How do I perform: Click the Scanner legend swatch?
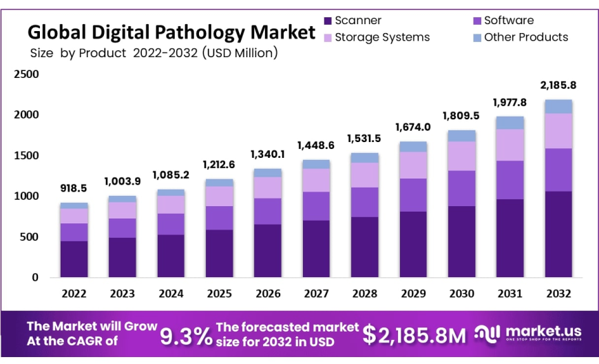(328, 21)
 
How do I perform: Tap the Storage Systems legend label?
(382, 37)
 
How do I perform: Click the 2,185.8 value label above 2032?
(558, 85)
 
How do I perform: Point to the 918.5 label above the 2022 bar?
(74, 188)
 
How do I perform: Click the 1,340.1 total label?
(268, 154)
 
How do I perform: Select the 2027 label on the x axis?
(316, 293)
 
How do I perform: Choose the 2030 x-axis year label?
(461, 293)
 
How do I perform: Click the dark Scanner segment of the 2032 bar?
(558, 234)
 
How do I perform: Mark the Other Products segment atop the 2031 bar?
(510, 123)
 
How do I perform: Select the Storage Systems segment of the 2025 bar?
(219, 196)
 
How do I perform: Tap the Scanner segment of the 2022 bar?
(74, 259)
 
